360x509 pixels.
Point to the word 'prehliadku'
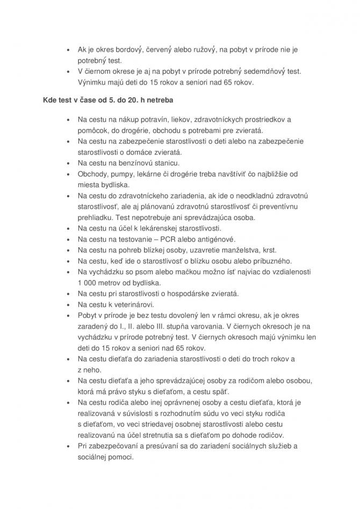pyautogui.click(x=96, y=218)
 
